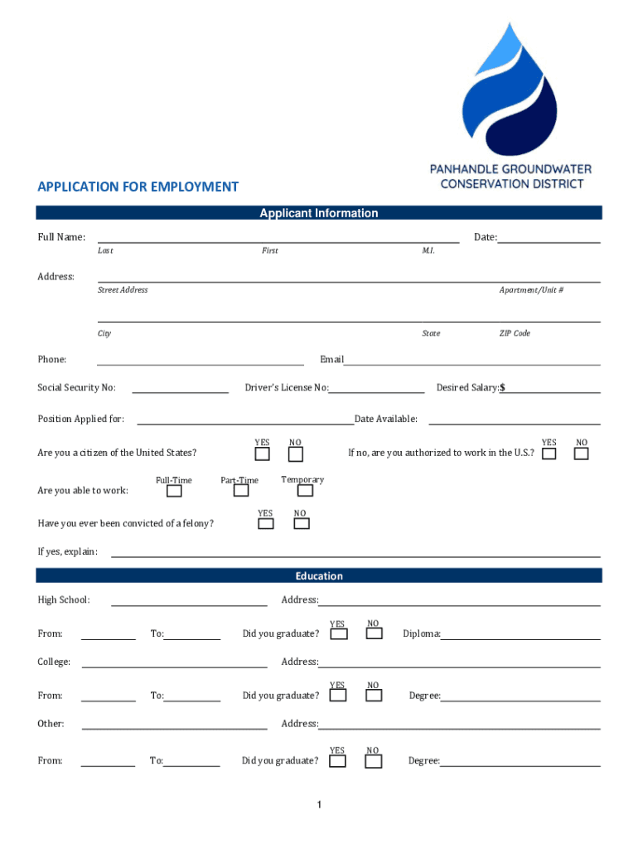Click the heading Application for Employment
(x=138, y=187)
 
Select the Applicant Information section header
(x=319, y=213)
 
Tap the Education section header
(x=319, y=576)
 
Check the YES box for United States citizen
(x=262, y=454)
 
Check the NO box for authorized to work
(x=582, y=454)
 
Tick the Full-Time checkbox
(x=174, y=491)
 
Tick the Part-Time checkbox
(x=241, y=491)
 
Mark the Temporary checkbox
(x=305, y=491)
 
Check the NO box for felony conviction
(x=302, y=523)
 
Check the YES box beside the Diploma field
(x=339, y=634)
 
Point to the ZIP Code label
(x=515, y=333)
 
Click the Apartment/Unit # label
(x=531, y=290)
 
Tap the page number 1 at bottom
(x=319, y=805)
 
